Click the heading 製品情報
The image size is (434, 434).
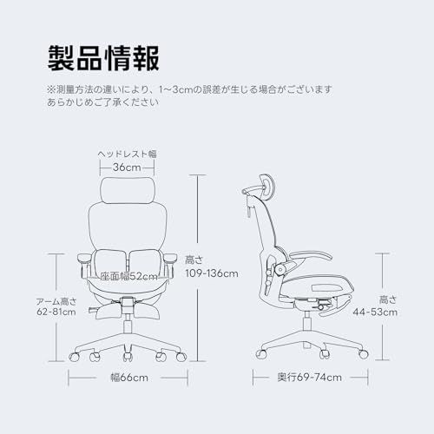[x=102, y=59]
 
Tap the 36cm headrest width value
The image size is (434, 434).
[x=128, y=168]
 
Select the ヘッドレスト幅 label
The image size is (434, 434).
[x=128, y=154]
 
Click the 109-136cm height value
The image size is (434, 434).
[x=211, y=273]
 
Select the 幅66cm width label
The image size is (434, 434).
[x=128, y=378]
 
